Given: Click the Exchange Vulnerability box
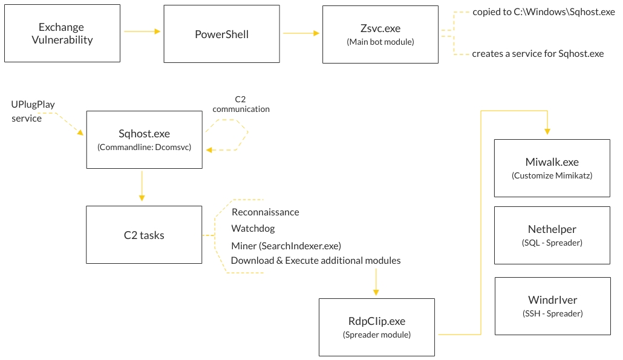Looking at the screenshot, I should click(x=62, y=34).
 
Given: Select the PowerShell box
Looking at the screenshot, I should click(x=221, y=34).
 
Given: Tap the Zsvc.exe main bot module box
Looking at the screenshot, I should click(x=380, y=34).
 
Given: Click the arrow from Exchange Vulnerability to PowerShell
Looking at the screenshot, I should click(x=142, y=31).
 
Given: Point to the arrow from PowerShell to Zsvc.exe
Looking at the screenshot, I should click(x=301, y=33).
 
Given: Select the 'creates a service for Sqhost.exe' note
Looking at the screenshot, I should click(x=538, y=53).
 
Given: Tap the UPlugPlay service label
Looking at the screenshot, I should click(x=33, y=111).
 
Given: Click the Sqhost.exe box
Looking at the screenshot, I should click(x=144, y=140).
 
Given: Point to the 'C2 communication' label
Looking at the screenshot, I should click(x=241, y=104).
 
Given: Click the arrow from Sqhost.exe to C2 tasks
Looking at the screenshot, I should click(x=142, y=186).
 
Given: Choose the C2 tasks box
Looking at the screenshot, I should click(x=144, y=235).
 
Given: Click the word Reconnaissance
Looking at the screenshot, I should click(x=265, y=212).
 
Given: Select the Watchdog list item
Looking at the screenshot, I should click(x=253, y=229).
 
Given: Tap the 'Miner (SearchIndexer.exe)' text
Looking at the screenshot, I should click(x=285, y=246).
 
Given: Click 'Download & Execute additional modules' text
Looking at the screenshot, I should click(x=315, y=261).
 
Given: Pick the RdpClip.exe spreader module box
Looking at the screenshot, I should click(x=376, y=327).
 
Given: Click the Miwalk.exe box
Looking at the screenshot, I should click(x=552, y=168).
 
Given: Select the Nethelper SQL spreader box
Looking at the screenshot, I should click(x=552, y=235).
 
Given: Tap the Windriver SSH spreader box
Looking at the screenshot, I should click(x=552, y=306).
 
